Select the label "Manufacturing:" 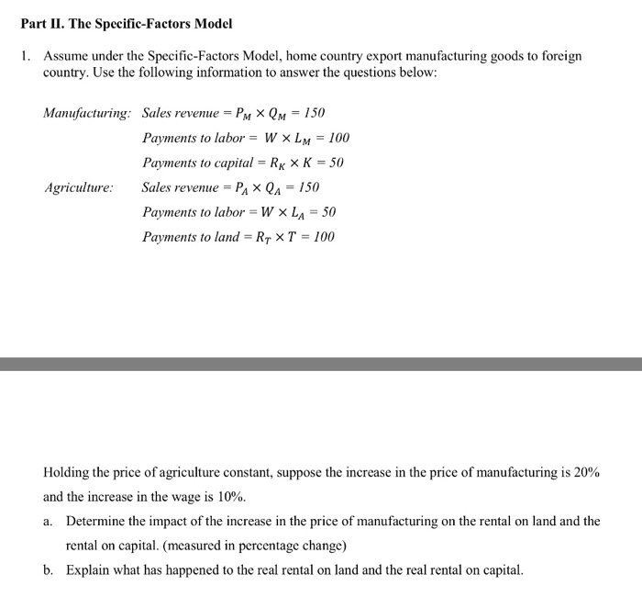tap(87, 114)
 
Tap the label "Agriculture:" tap(79, 187)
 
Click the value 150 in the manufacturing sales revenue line tap(314, 114)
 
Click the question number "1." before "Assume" tap(27, 57)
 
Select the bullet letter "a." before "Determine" tap(50, 522)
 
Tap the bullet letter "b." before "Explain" tap(50, 570)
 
